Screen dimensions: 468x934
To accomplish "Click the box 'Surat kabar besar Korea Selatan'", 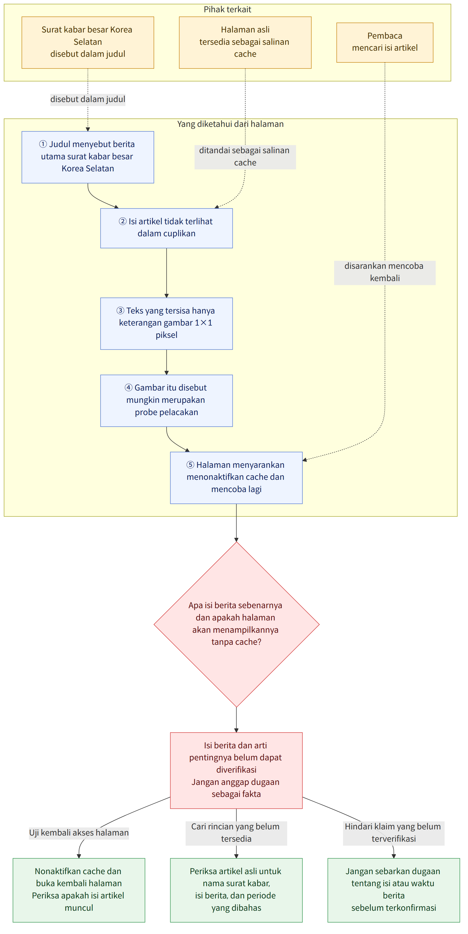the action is [88, 42].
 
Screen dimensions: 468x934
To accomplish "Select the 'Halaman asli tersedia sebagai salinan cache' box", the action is [245, 42].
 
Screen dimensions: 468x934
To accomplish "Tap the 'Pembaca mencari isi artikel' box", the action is [385, 42].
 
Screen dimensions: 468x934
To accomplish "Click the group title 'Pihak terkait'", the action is [227, 9].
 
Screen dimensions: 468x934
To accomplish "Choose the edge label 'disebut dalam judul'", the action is [88, 99].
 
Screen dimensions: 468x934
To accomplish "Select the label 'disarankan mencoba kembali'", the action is [385, 273].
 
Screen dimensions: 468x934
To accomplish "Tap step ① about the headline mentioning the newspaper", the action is [88, 157].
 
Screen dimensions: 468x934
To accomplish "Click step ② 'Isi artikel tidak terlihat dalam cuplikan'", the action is [166, 228].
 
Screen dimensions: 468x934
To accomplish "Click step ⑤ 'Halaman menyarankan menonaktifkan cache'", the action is [236, 477].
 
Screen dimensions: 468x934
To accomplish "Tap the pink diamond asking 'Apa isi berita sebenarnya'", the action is [236, 624].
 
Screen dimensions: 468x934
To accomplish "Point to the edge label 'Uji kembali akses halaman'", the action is [79, 833].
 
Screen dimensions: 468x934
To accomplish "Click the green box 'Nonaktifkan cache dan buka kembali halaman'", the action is [79, 890].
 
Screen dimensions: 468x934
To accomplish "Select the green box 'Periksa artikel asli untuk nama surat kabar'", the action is [236, 890].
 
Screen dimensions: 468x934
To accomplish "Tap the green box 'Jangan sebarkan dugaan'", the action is [393, 890].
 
